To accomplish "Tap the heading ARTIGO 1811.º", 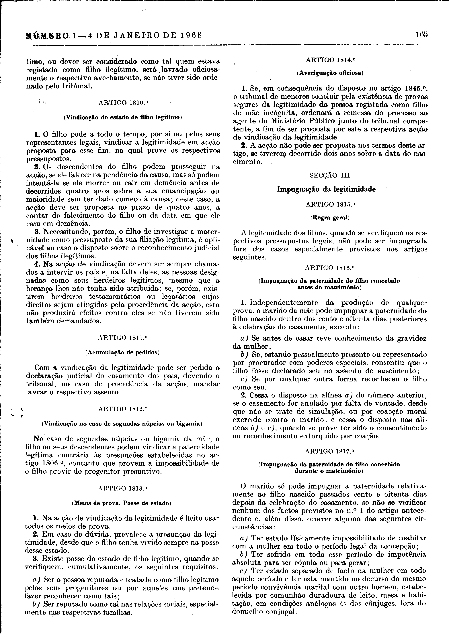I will (123, 338).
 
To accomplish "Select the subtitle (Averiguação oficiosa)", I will (330, 73).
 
